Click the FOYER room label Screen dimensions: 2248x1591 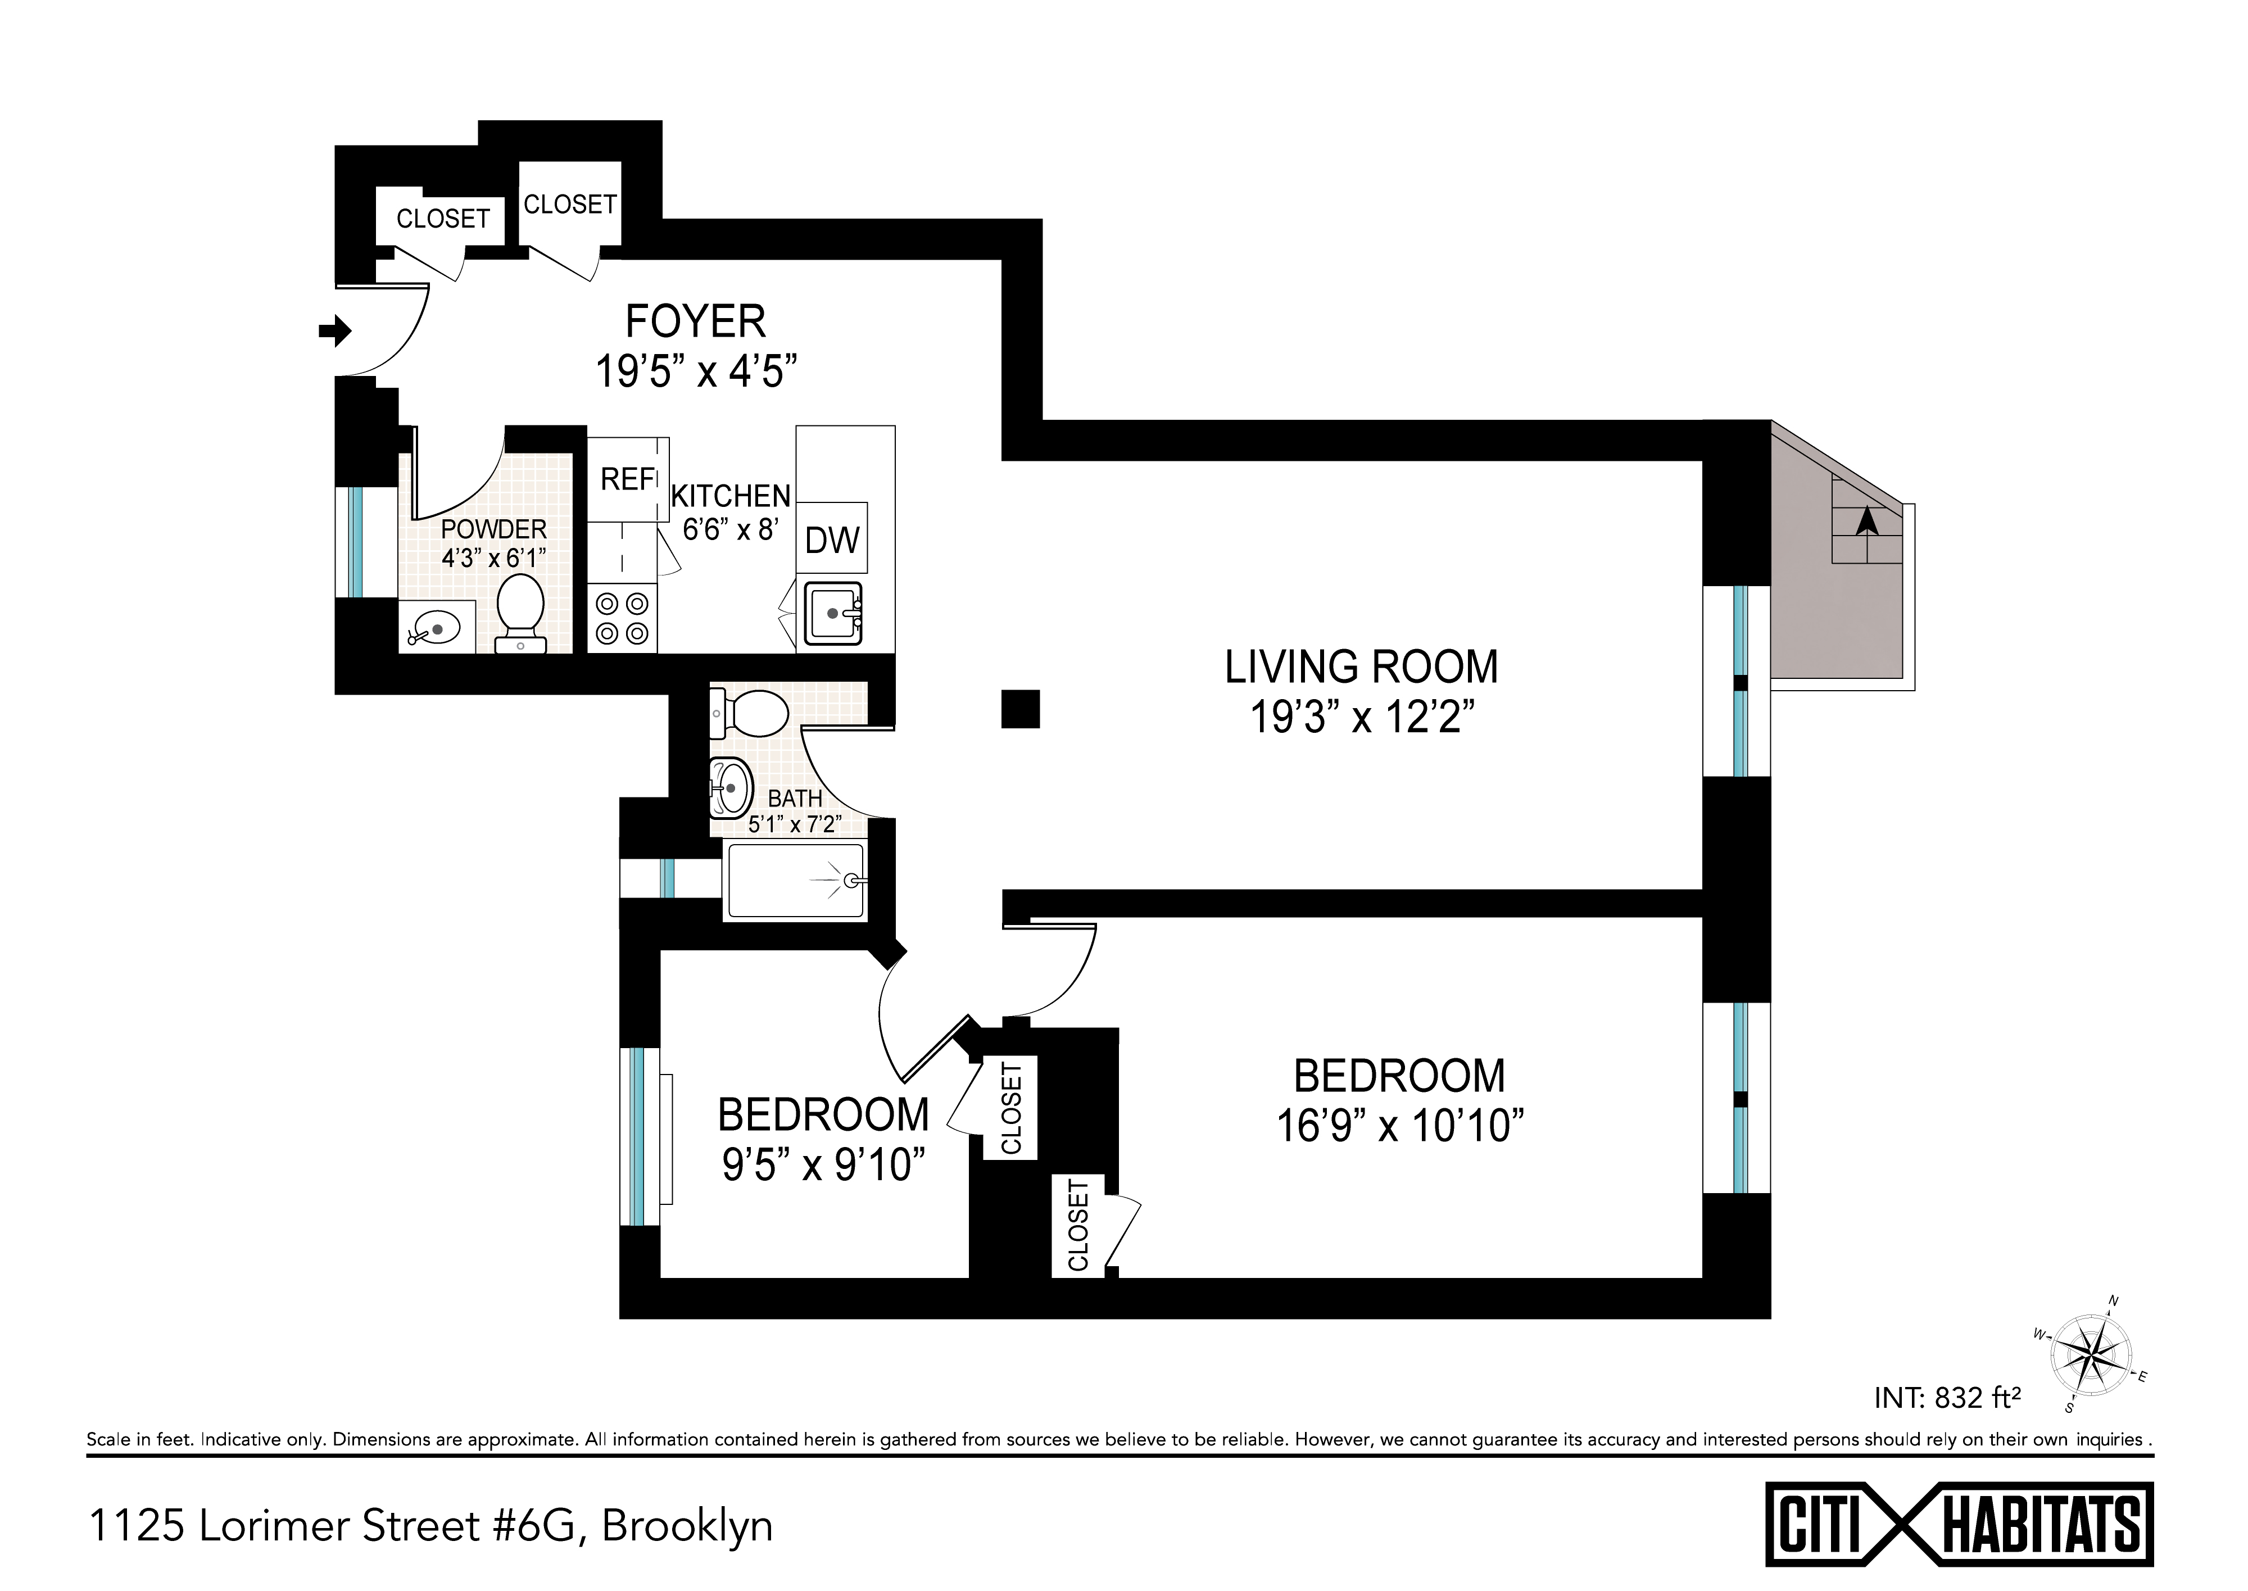[695, 321]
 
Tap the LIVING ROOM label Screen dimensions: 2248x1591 [1362, 667]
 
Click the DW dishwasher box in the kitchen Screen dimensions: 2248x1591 [832, 539]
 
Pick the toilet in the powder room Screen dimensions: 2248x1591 [520, 613]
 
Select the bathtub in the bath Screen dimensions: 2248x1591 [795, 882]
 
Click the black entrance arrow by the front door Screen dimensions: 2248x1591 [335, 331]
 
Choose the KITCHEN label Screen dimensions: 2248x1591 [731, 497]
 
